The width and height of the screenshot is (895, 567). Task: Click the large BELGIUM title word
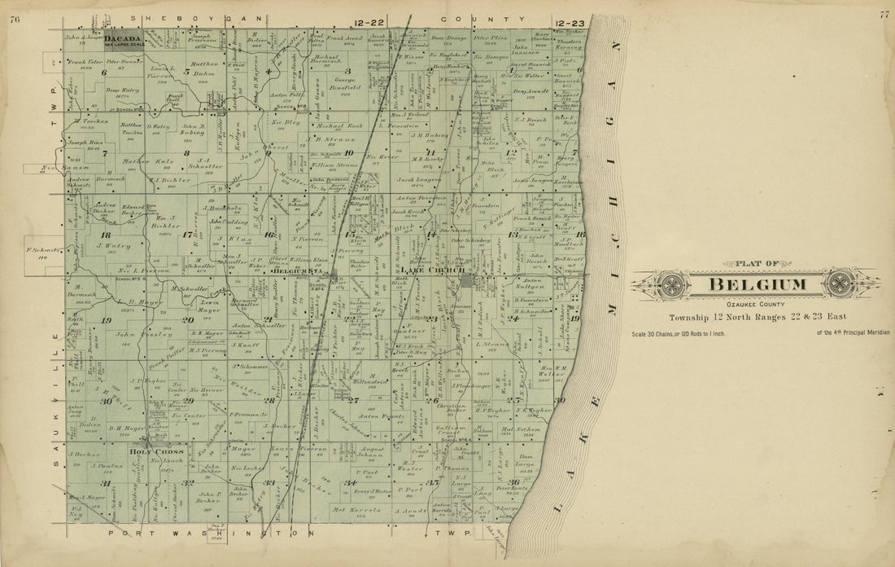pyautogui.click(x=758, y=285)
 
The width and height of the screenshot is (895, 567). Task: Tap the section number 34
pyautogui.click(x=351, y=483)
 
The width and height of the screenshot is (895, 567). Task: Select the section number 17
pyautogui.click(x=189, y=235)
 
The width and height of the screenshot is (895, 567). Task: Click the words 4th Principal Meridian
pyautogui.click(x=851, y=332)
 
